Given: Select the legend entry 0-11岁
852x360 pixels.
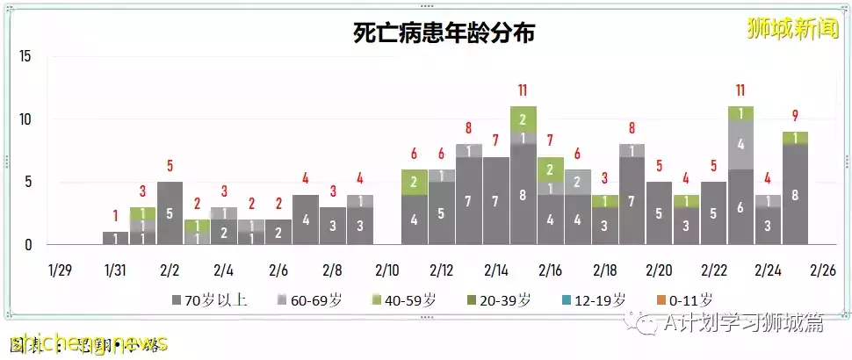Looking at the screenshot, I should (683, 300).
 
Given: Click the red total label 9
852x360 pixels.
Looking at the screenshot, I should (795, 115).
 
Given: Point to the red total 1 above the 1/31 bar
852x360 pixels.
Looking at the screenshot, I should (115, 216).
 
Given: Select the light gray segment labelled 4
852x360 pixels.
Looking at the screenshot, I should (740, 144).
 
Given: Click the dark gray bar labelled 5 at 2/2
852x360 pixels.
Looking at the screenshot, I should (170, 212).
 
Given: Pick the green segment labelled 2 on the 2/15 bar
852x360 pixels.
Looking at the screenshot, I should (523, 119).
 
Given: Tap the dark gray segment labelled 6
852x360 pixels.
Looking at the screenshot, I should (740, 206).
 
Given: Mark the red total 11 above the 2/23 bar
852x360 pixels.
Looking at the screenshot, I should (740, 90).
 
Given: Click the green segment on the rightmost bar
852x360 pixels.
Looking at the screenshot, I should (795, 138).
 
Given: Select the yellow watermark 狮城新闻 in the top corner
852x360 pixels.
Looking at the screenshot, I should (791, 28).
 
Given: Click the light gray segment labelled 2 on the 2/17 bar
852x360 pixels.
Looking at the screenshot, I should (578, 182).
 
